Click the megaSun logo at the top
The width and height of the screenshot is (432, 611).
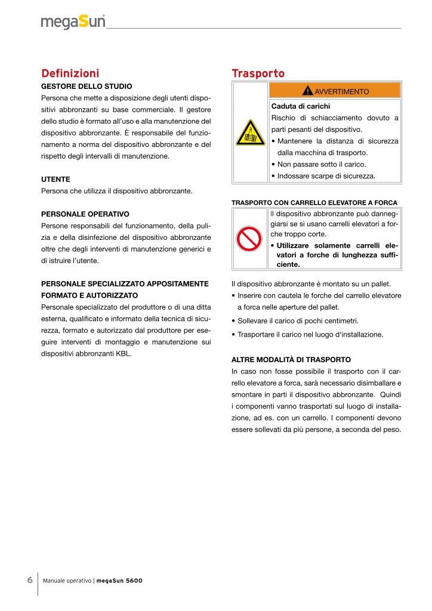coord(73,22)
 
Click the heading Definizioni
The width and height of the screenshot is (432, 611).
coord(70,73)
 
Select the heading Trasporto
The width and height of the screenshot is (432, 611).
coord(258,73)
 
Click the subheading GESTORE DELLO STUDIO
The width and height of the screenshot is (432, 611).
coord(87,86)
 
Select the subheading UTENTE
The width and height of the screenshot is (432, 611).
coord(55,178)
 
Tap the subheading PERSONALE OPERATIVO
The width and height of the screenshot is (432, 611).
coord(85,214)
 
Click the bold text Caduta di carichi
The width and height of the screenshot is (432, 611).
coord(297,106)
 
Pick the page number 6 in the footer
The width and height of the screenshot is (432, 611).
coord(29,581)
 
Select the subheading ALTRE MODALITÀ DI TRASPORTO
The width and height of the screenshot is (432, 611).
coord(291,360)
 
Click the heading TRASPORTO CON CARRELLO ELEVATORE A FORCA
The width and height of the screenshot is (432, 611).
coord(314,202)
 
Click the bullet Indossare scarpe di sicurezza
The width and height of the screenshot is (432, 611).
coord(325,176)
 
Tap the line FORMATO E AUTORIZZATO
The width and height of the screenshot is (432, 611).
coord(90,295)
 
